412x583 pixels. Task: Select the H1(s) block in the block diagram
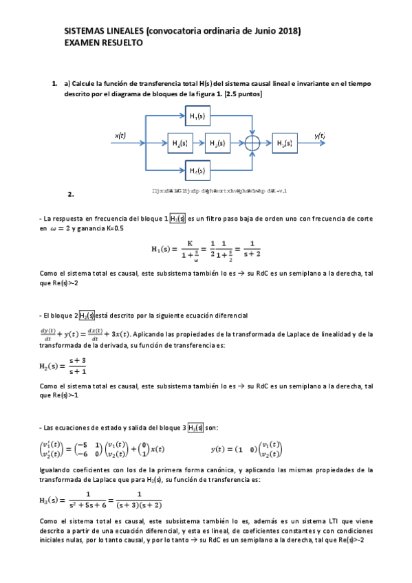pos(198,115)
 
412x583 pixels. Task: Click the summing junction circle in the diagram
pos(253,143)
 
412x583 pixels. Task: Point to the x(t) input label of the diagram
pos(120,135)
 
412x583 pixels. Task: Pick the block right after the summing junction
pos(285,143)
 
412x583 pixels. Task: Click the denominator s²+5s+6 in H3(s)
pos(87,504)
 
